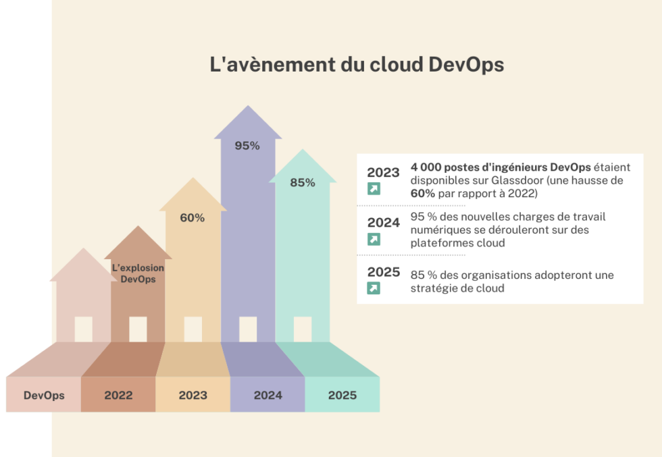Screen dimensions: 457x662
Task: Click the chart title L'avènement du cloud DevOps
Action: (x=357, y=65)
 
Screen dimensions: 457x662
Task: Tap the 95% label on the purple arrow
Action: (x=247, y=145)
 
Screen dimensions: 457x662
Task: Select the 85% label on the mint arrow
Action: (x=302, y=182)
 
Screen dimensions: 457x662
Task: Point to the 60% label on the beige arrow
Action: (x=192, y=218)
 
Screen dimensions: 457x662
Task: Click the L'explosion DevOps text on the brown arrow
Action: (x=138, y=273)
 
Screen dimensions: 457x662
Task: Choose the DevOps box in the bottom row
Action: (x=44, y=395)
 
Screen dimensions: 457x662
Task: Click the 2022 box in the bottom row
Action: (x=118, y=395)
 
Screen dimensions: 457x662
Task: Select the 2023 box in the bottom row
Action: (x=193, y=395)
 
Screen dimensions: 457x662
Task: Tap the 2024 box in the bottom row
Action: (x=268, y=395)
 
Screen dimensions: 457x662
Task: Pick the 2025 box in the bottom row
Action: (x=342, y=395)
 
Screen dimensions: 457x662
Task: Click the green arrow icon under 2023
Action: (x=374, y=189)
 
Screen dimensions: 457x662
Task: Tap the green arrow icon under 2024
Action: (x=374, y=239)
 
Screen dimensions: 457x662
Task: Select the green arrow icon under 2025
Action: (x=374, y=288)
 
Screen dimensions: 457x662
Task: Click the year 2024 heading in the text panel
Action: (x=383, y=223)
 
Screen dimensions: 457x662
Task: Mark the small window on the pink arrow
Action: (x=83, y=329)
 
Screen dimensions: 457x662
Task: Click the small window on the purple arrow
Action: (x=248, y=329)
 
